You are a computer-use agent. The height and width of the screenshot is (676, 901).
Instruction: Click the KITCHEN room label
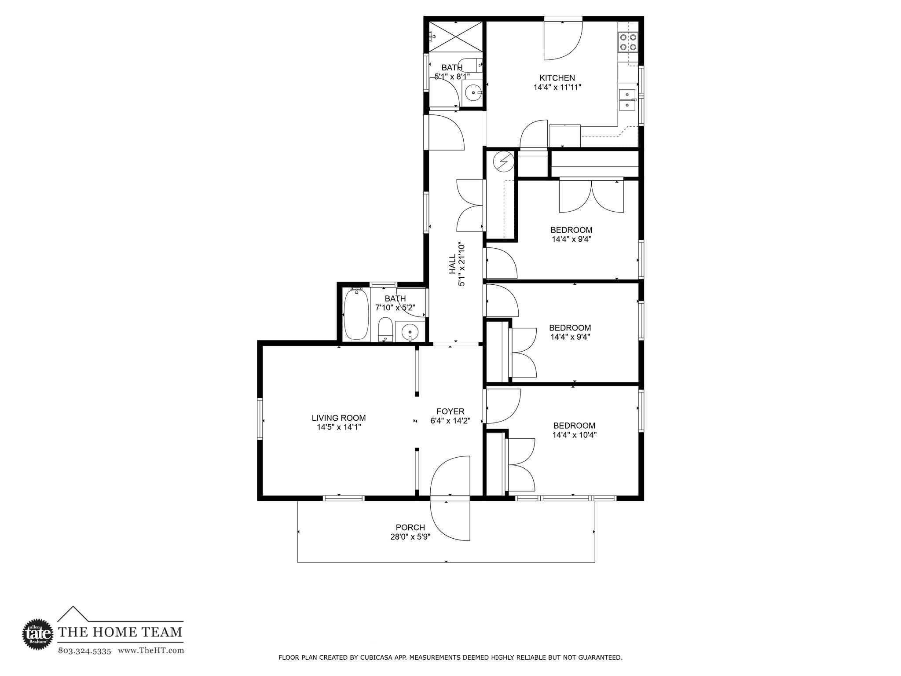(x=557, y=78)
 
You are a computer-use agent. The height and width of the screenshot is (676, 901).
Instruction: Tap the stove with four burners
(x=627, y=42)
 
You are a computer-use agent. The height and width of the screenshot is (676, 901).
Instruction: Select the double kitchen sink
(x=627, y=100)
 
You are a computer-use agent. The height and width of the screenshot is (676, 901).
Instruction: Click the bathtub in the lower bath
(x=356, y=314)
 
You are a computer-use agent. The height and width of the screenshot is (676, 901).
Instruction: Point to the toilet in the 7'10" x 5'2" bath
(x=385, y=329)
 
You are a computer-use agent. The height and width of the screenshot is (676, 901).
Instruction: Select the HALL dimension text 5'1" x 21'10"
(x=461, y=264)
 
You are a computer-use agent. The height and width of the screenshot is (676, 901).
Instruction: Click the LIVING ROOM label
(x=338, y=418)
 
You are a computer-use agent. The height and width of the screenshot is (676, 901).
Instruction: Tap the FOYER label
(x=450, y=411)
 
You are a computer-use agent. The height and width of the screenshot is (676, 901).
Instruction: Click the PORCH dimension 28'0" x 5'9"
(x=410, y=537)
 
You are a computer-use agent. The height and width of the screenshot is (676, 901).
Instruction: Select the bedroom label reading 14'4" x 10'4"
(x=574, y=435)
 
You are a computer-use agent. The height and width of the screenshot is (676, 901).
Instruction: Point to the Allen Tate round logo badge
(x=38, y=633)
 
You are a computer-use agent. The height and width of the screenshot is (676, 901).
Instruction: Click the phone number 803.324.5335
(x=84, y=650)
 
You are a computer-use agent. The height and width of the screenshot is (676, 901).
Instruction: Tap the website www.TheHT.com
(x=151, y=650)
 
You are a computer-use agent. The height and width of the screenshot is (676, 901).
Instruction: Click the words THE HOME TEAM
(x=120, y=632)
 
